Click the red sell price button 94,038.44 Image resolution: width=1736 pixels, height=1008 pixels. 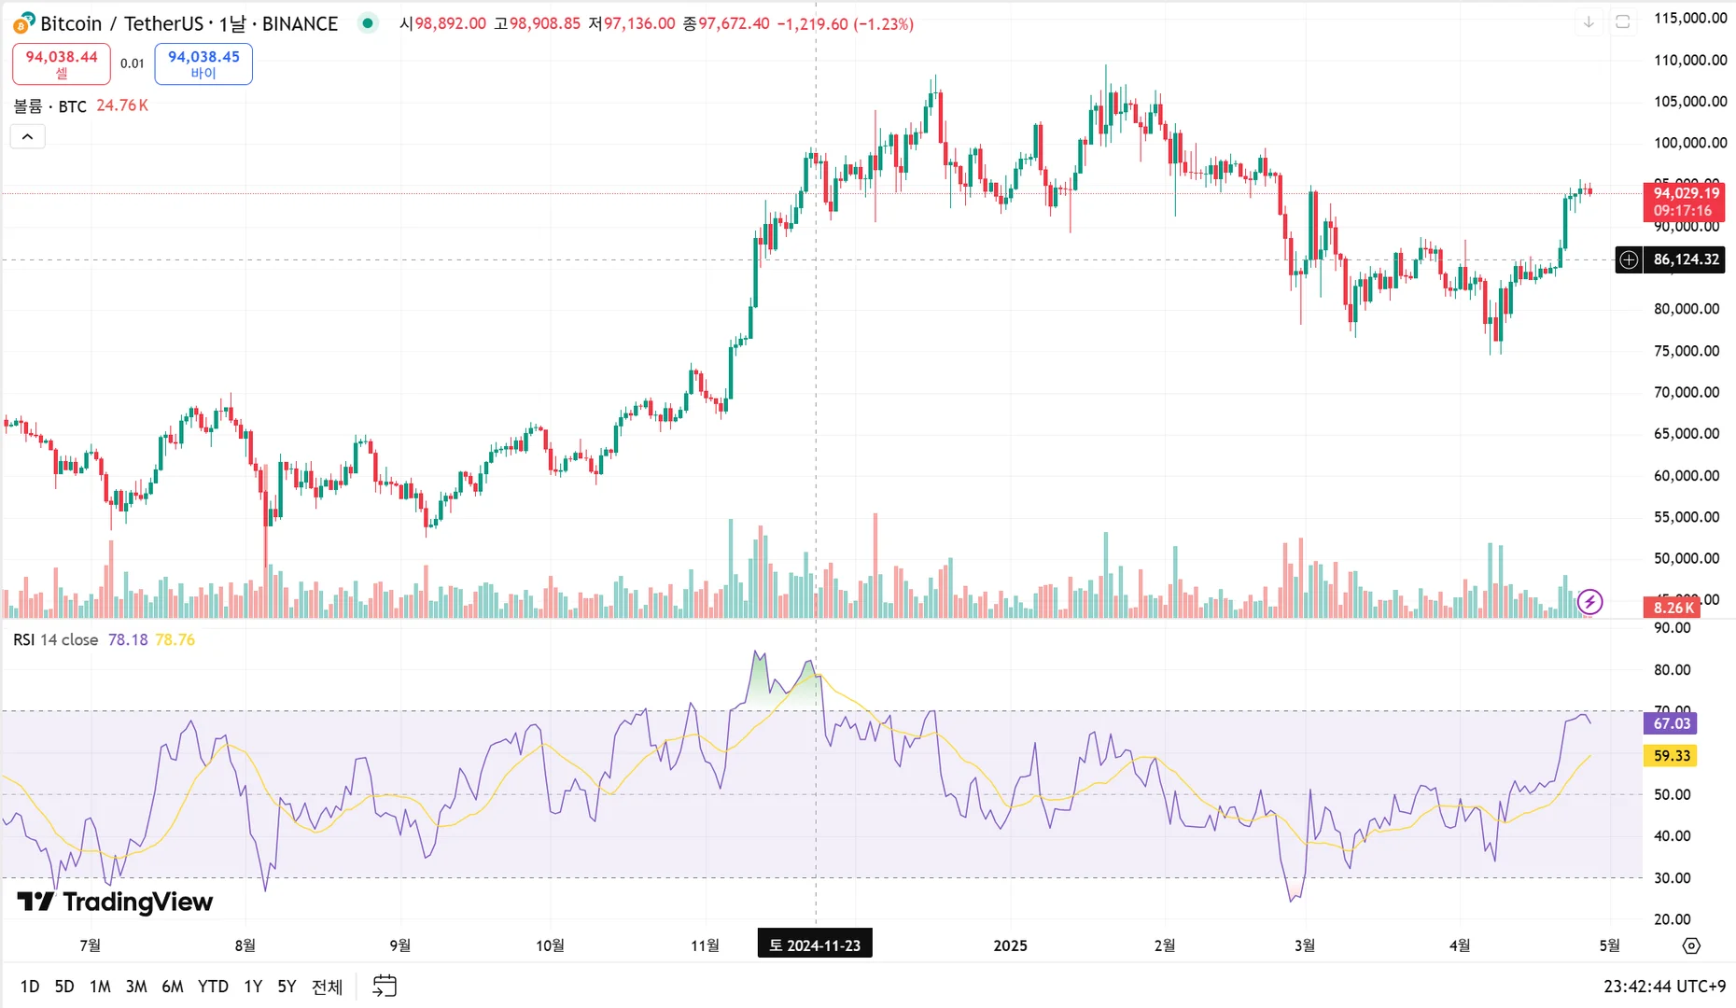coord(62,63)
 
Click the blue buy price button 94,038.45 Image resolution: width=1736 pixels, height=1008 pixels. coord(203,63)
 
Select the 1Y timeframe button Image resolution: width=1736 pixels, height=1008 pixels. coord(253,987)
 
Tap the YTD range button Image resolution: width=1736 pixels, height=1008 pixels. coord(213,987)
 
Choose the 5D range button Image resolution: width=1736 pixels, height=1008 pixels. coord(64,987)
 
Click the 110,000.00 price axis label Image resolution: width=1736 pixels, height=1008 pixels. coord(1690,60)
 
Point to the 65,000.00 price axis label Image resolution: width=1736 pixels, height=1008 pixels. coord(1687,433)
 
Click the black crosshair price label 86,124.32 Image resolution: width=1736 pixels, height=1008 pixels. coord(1686,259)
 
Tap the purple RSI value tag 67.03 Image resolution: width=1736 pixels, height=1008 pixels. coord(1672,723)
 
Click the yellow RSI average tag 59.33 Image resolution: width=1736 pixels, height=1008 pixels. coord(1672,756)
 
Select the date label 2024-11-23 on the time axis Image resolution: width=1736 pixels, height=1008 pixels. coord(815,945)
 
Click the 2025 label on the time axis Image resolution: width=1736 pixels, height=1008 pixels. coord(1010,945)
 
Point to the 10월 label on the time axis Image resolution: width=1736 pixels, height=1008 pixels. coord(550,945)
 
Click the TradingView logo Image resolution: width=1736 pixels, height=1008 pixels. coord(116,902)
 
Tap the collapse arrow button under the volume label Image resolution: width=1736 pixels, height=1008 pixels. coord(28,137)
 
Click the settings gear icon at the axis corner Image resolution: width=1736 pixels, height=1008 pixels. coord(1691,945)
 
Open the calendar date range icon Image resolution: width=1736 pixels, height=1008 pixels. coord(385,986)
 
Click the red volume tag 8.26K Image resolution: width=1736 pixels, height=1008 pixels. coord(1673,608)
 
